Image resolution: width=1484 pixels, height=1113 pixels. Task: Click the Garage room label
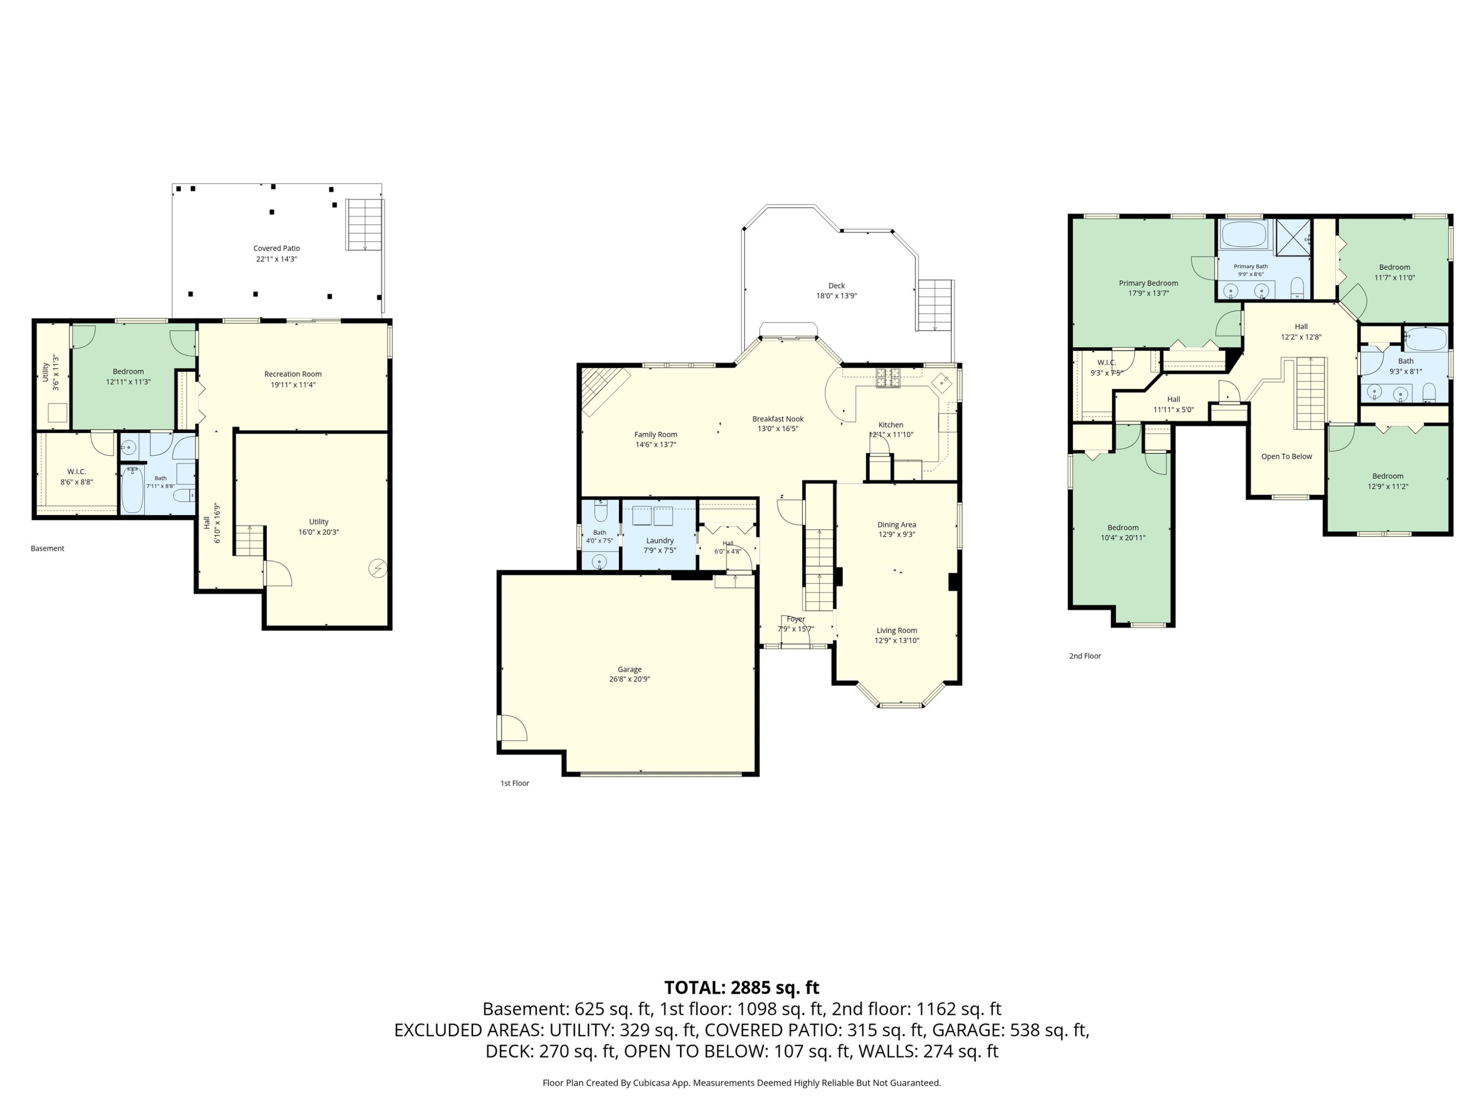(x=629, y=669)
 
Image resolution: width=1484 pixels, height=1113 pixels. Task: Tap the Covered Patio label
(x=277, y=248)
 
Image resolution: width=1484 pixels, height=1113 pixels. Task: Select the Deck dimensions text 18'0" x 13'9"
(x=836, y=296)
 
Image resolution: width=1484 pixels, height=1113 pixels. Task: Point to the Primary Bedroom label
(x=1149, y=283)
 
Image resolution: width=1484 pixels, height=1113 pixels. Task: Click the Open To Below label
(x=1286, y=456)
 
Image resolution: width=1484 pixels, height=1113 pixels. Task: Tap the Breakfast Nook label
(x=778, y=418)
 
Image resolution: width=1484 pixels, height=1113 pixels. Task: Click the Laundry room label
(x=659, y=541)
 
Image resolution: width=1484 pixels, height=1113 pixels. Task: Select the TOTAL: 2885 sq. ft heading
(x=742, y=987)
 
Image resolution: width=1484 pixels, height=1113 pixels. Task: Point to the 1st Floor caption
(x=514, y=783)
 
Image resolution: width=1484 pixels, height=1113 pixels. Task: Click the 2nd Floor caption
(x=1085, y=655)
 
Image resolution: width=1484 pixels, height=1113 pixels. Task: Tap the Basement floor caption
(x=47, y=548)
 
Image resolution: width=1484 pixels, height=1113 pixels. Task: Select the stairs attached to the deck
(x=934, y=305)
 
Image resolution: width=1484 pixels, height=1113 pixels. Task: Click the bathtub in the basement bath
(x=132, y=490)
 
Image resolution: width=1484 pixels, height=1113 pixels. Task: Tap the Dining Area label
(x=896, y=525)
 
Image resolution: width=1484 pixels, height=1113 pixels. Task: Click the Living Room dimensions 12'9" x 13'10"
(x=896, y=641)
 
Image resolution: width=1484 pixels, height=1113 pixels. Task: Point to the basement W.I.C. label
(x=77, y=471)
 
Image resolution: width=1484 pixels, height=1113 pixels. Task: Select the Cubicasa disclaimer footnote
(x=742, y=1082)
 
